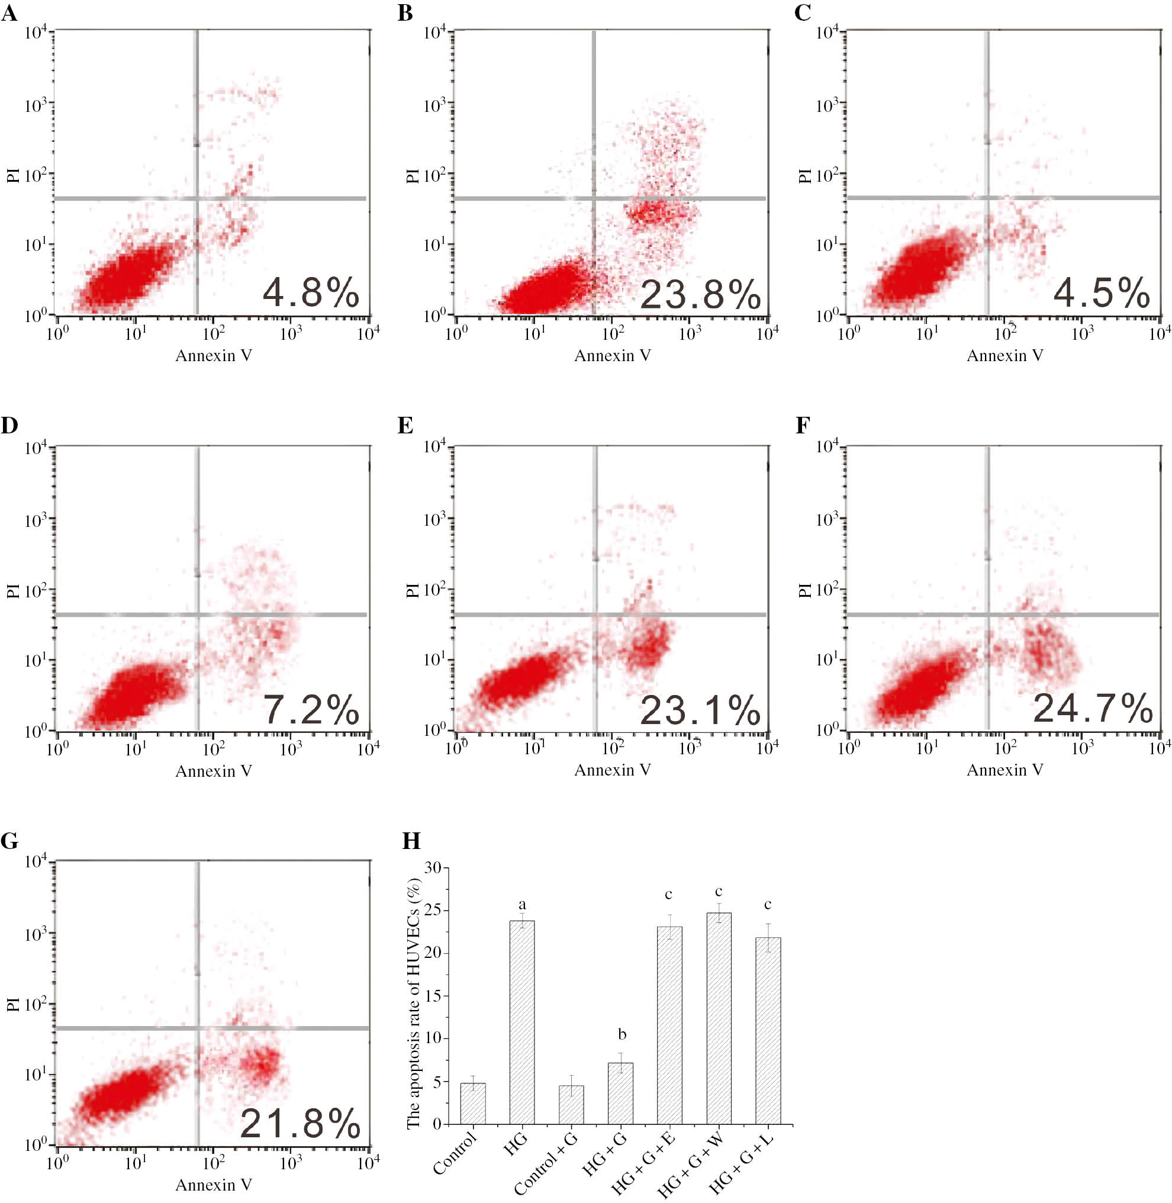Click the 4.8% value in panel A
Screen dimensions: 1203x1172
pos(311,292)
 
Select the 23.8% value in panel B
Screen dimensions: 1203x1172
pos(700,294)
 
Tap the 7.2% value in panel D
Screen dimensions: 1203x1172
pos(311,710)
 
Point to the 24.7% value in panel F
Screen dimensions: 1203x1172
pos(1093,708)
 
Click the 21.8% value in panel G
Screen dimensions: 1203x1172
pos(300,1124)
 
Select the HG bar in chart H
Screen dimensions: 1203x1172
pos(522,1022)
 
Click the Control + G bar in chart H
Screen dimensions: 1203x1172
pos(571,1106)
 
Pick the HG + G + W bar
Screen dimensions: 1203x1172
pos(719,1019)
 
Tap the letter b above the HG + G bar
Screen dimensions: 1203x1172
pos(622,1034)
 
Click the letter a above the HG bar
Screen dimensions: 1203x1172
pos(522,905)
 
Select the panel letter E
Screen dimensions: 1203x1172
pos(405,426)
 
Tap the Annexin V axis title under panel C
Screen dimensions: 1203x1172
pos(1004,356)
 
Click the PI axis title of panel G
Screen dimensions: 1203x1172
pos(13,1005)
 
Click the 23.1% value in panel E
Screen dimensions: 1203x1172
pos(700,710)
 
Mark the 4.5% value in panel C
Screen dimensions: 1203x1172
pos(1101,292)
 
